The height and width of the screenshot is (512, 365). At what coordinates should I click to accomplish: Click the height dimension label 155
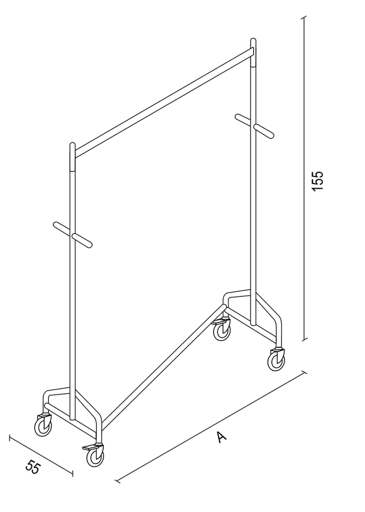(317, 180)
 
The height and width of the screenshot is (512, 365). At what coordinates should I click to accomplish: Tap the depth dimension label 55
(32, 467)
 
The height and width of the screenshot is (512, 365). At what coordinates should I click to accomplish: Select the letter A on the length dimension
(221, 436)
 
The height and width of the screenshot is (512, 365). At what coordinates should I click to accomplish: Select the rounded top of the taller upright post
(253, 42)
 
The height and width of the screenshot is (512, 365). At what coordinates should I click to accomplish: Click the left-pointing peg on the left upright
(62, 227)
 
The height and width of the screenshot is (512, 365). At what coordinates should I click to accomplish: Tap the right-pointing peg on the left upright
(82, 240)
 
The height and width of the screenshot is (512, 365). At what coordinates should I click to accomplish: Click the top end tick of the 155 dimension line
(304, 18)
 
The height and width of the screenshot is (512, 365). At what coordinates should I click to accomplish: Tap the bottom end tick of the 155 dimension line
(304, 339)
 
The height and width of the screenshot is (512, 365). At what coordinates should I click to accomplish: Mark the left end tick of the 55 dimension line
(10, 438)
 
